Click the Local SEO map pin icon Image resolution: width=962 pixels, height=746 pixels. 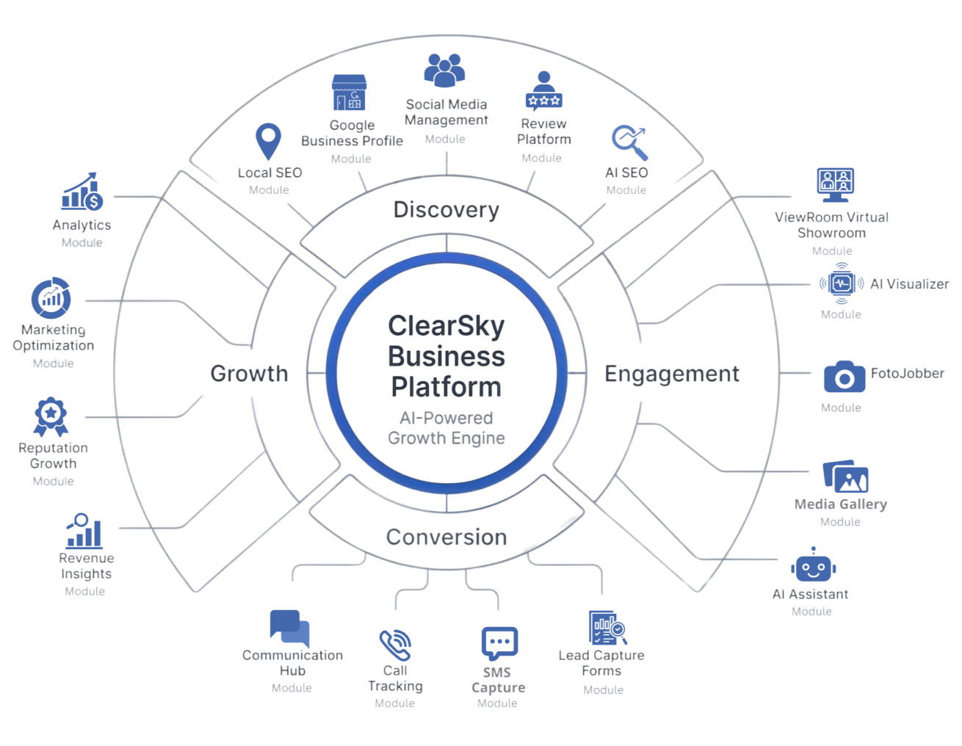pos(268,142)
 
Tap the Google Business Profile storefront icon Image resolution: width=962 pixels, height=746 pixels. pos(348,93)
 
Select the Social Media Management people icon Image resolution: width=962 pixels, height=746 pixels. pos(445,70)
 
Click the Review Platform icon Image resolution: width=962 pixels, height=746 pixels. pos(543,92)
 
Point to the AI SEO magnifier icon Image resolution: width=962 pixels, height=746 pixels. pos(629,142)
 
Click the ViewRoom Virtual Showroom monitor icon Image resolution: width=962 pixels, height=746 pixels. pos(835,185)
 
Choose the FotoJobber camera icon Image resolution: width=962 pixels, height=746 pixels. pos(845,377)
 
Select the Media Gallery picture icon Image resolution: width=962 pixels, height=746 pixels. pos(845,478)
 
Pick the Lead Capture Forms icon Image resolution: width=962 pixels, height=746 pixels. pos(607,629)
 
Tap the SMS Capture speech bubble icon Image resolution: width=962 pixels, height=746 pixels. pos(499,644)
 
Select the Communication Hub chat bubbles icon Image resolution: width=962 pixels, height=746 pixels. pos(289,629)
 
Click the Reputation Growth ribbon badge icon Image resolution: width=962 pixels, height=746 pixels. pos(51,418)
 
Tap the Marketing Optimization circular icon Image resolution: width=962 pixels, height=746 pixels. pos(51,298)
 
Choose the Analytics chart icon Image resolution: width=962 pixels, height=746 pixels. pos(82,193)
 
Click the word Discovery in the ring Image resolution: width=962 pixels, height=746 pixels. pos(446,210)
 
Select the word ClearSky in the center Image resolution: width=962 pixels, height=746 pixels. pos(446,326)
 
